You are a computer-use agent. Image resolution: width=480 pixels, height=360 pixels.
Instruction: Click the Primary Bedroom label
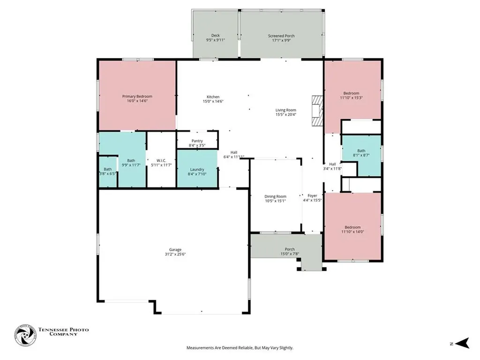[x=137, y=97]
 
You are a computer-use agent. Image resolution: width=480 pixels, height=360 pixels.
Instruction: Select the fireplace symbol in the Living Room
[x=318, y=111]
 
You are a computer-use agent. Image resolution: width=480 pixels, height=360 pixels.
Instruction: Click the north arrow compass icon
[x=462, y=344]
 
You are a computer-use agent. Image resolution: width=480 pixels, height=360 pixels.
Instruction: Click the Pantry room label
[x=197, y=141]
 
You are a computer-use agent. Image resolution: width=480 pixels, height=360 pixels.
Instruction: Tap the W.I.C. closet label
[x=161, y=160]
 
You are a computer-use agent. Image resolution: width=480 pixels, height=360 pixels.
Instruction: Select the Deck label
[x=215, y=36]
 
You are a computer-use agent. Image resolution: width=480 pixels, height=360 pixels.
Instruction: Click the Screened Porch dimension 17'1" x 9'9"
[x=281, y=41]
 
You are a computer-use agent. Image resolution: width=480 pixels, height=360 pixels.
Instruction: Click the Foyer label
[x=312, y=195]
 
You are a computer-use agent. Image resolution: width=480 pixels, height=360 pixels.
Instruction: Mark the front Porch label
[x=290, y=249]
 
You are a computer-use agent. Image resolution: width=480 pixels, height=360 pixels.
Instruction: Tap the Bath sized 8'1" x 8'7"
[x=361, y=152]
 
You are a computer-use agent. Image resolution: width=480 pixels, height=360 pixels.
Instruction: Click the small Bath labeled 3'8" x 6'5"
[x=108, y=172]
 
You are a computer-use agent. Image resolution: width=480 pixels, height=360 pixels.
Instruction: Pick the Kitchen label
[x=213, y=97]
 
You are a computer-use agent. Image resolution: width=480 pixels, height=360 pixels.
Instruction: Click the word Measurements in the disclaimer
[x=201, y=348]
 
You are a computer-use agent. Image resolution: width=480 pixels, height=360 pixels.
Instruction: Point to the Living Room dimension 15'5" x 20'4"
[x=285, y=114]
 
